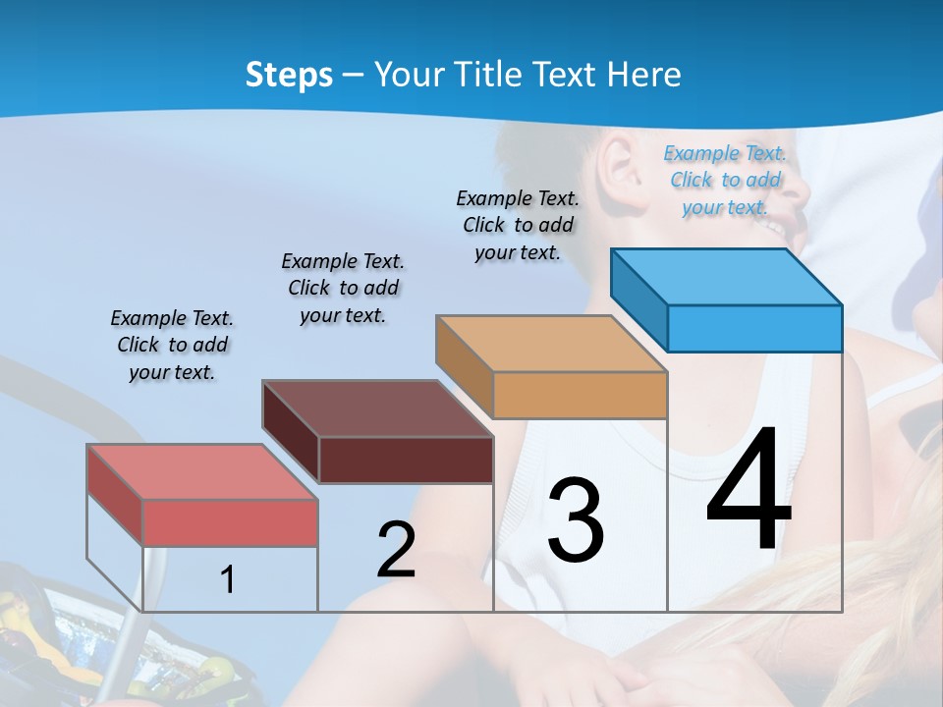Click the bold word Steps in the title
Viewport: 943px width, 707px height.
pyautogui.click(x=289, y=75)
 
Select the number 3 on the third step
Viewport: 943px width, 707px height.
pyautogui.click(x=576, y=520)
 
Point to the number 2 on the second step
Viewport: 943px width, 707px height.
pyautogui.click(x=396, y=550)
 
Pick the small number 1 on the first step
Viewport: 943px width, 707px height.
pyautogui.click(x=228, y=579)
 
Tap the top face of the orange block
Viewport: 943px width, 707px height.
pyautogui.click(x=552, y=344)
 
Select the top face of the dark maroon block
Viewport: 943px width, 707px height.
pyautogui.click(x=377, y=408)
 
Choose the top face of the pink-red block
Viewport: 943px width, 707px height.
pyautogui.click(x=202, y=472)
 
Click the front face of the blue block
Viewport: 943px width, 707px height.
pyautogui.click(x=754, y=328)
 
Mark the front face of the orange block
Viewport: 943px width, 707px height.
pyautogui.click(x=580, y=395)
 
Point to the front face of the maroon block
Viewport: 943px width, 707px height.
pyautogui.click(x=406, y=460)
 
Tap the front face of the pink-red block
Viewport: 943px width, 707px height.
pyautogui.click(x=230, y=522)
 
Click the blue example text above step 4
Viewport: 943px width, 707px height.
pyautogui.click(x=725, y=180)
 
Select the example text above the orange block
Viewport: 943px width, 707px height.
pyautogui.click(x=518, y=225)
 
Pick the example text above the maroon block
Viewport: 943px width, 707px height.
pyautogui.click(x=343, y=288)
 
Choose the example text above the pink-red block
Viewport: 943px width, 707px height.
pyautogui.click(x=172, y=345)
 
